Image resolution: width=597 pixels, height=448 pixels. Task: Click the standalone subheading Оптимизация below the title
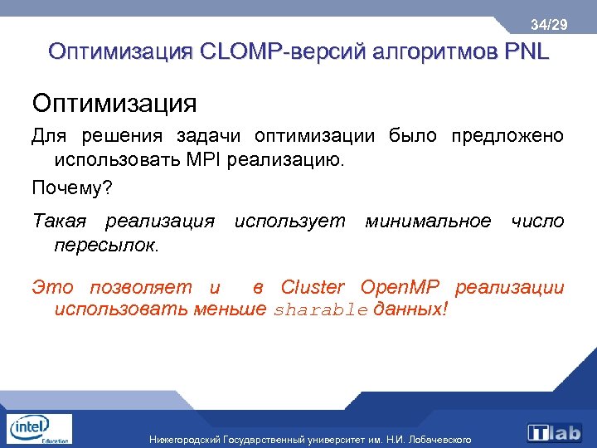click(114, 104)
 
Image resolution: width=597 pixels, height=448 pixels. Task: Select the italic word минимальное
click(427, 222)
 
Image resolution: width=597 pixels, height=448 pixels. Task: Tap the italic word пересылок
click(106, 246)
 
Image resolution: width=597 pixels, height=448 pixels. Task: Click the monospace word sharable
click(320, 311)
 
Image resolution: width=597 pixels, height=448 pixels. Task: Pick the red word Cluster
click(313, 288)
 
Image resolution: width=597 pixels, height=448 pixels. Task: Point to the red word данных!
click(411, 309)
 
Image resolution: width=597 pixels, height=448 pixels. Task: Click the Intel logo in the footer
click(37, 429)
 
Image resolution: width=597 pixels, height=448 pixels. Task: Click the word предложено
click(507, 135)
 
